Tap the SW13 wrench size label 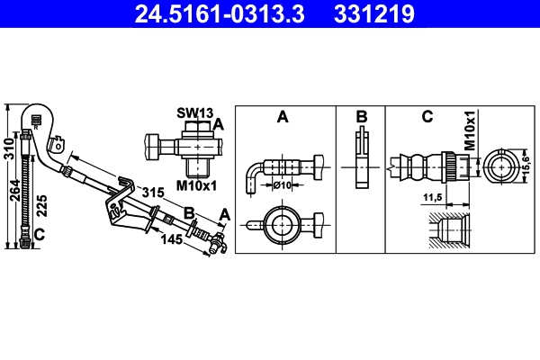[x=193, y=112]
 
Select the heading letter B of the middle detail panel [x=361, y=117]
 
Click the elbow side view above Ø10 [x=279, y=166]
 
